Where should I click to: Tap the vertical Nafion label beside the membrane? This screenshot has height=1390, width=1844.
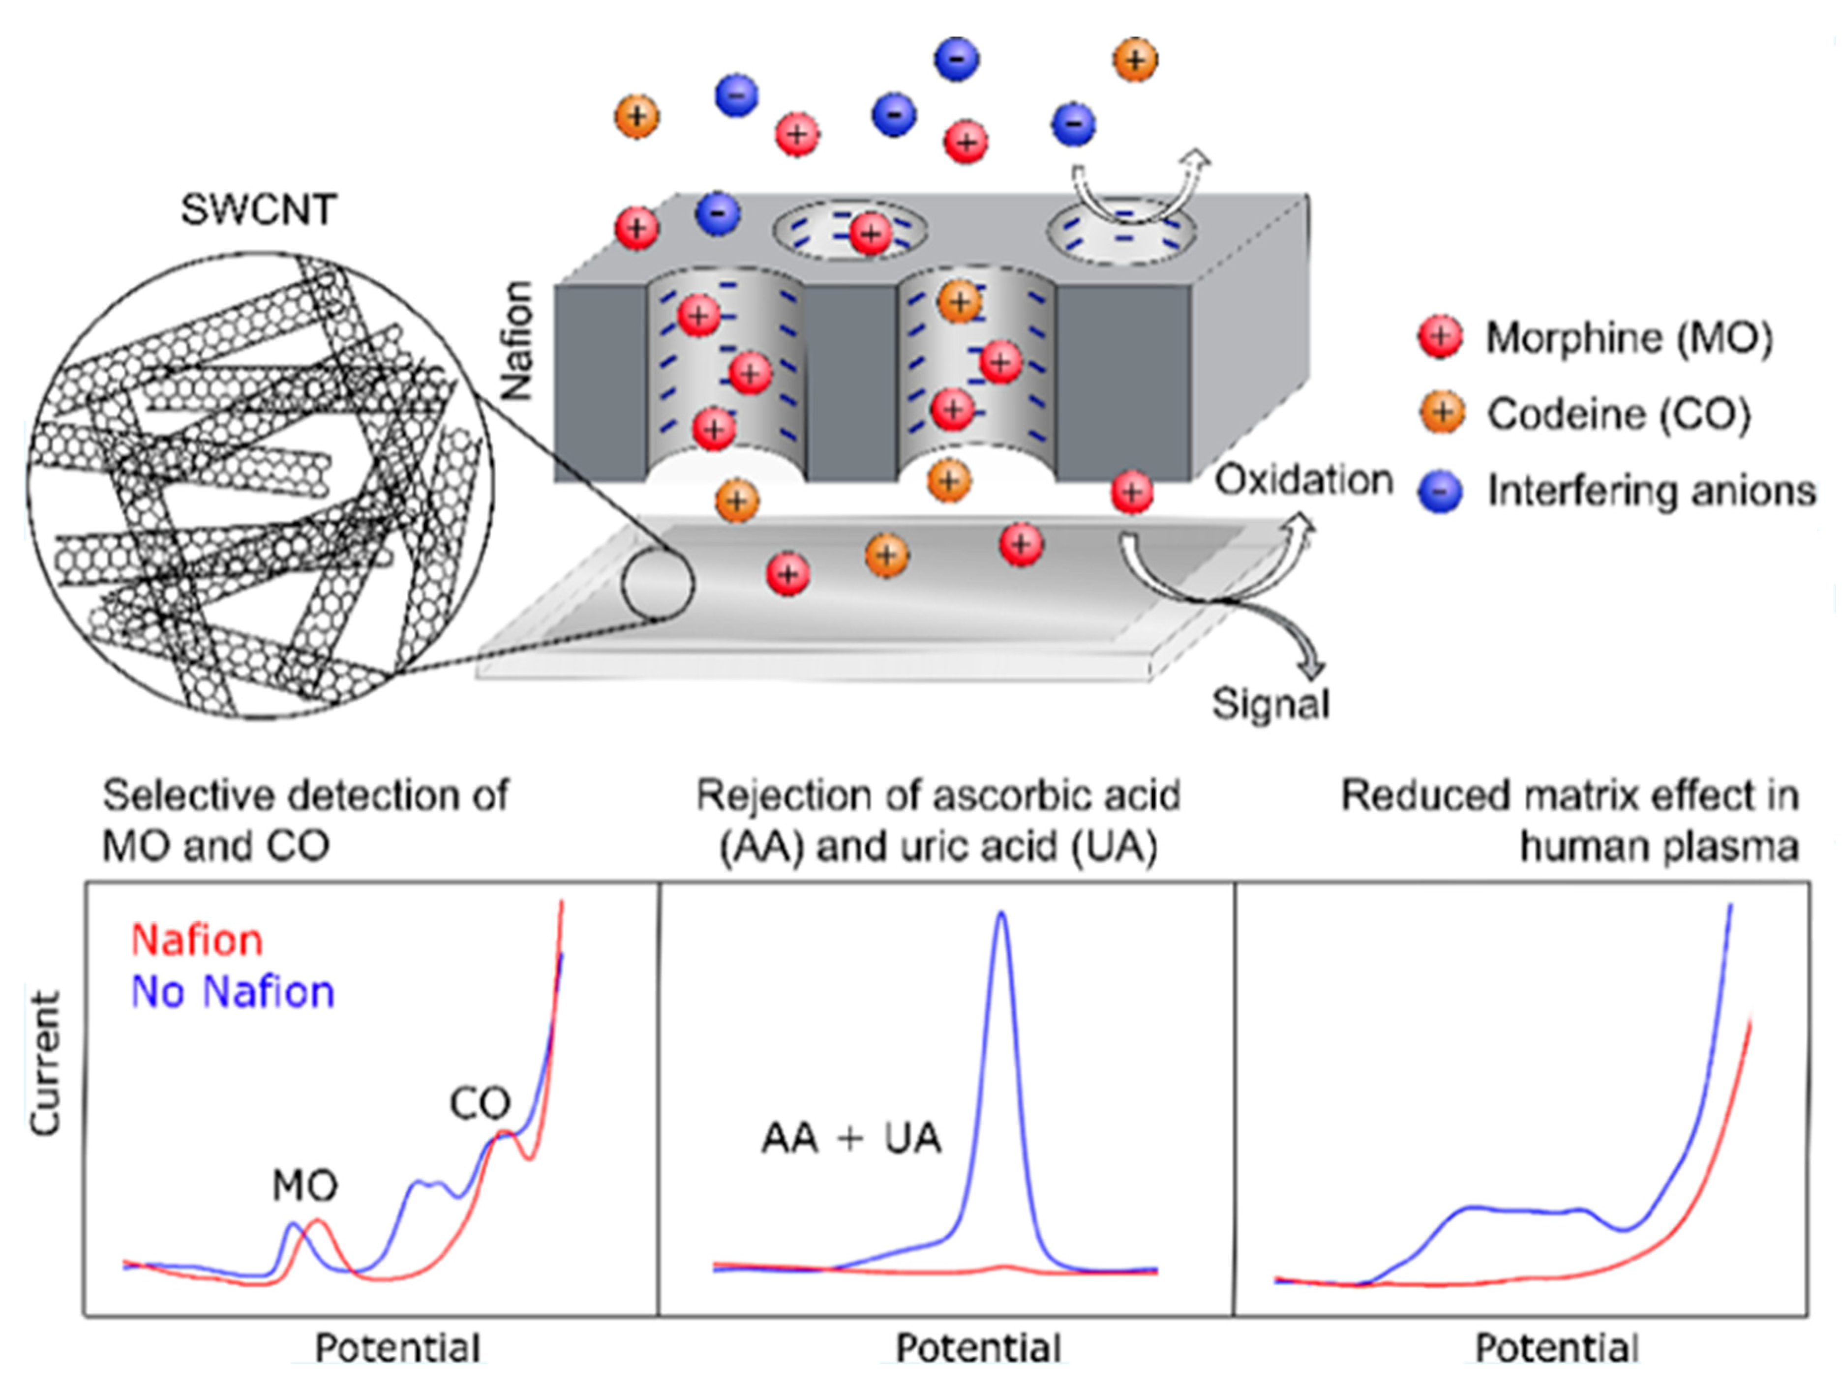[517, 342]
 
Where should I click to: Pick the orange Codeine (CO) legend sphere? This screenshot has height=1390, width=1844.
[1440, 414]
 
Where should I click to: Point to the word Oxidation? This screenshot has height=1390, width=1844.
[1303, 481]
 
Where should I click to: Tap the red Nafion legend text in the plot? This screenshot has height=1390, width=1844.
[197, 940]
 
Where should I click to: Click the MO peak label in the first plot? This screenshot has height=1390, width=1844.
[305, 1186]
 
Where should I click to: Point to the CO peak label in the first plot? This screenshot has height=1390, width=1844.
[480, 1104]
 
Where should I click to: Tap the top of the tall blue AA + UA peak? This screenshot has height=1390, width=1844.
[1001, 914]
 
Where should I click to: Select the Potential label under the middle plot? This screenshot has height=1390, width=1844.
[978, 1348]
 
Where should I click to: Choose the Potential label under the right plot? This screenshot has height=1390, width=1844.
[1557, 1348]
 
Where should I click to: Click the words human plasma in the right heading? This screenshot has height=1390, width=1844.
[1659, 847]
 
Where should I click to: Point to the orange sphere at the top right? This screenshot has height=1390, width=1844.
[1135, 60]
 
